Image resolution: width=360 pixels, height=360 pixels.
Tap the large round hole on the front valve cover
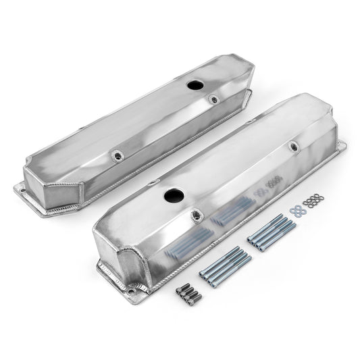[x=171, y=198]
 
